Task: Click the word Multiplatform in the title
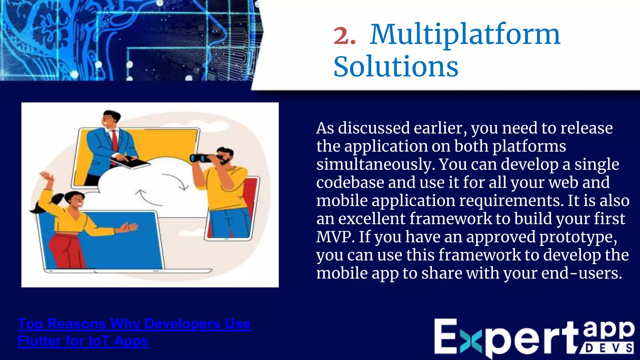tap(465, 35)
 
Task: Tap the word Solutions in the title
tap(396, 67)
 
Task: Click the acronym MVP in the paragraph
tap(335, 237)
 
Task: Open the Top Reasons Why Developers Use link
tap(134, 324)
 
